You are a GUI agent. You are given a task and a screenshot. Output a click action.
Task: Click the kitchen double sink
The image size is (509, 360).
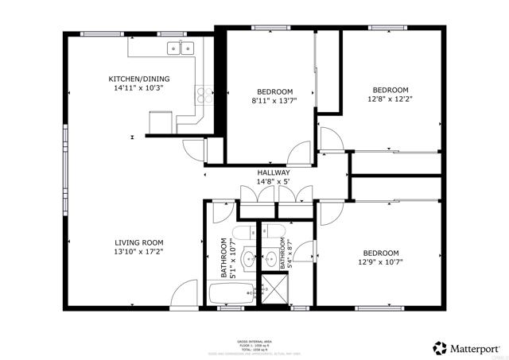(x=181, y=49)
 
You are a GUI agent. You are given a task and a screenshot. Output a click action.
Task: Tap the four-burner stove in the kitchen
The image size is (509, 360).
(x=205, y=95)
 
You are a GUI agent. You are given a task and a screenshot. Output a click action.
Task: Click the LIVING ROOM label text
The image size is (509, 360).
(x=138, y=242)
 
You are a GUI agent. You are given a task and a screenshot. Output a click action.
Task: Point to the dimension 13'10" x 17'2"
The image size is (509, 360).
(x=138, y=252)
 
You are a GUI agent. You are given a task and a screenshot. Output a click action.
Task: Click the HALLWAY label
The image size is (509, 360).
(x=273, y=172)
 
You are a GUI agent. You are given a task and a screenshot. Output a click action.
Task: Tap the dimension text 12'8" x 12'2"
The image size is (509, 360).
(x=390, y=100)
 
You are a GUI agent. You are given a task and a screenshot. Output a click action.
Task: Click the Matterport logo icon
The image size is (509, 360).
(x=439, y=347)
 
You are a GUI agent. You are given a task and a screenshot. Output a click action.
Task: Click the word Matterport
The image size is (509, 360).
(x=476, y=347)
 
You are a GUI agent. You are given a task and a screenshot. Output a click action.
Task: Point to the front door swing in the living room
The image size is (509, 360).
(x=184, y=293)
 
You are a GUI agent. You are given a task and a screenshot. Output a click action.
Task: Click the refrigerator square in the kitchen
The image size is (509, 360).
(x=160, y=122)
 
